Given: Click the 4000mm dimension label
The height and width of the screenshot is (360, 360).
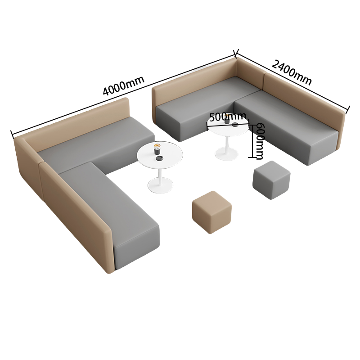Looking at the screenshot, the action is click(x=123, y=85).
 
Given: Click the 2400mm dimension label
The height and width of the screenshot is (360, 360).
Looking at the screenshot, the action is click(x=292, y=72).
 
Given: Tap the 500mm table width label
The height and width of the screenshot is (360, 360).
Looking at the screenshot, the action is click(x=227, y=117).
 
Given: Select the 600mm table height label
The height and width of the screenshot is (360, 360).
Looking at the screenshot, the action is click(x=260, y=141).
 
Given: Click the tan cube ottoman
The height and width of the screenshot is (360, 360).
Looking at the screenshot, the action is click(x=212, y=212).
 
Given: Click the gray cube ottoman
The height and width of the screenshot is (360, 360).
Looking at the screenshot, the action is click(x=271, y=180).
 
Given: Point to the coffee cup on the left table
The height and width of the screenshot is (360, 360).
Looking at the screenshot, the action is click(x=157, y=149).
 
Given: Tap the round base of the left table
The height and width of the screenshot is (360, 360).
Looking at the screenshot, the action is click(x=160, y=185).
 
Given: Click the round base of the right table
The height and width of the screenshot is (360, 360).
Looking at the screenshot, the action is click(x=226, y=154).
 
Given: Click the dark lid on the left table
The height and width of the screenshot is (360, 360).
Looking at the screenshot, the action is click(x=159, y=158).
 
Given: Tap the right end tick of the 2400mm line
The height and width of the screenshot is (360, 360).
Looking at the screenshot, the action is click(x=348, y=110).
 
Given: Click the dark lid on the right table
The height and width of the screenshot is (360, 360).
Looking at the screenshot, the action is click(x=234, y=125).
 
